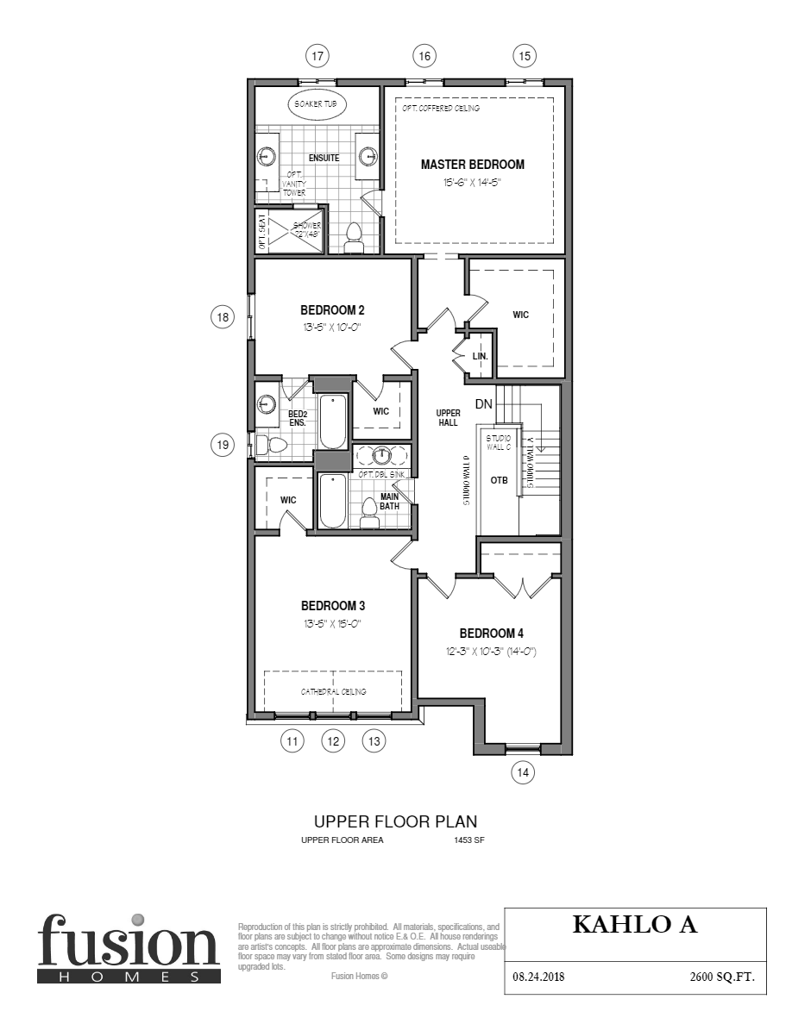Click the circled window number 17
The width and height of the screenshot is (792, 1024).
click(317, 56)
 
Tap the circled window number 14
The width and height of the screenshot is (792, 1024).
click(522, 773)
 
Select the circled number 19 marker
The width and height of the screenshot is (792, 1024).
click(223, 445)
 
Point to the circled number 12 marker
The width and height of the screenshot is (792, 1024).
click(333, 740)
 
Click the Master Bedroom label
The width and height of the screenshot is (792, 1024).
click(472, 165)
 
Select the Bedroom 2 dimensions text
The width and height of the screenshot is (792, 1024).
click(330, 328)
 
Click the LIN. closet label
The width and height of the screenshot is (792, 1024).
click(481, 356)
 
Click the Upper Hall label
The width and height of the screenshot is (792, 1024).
click(448, 418)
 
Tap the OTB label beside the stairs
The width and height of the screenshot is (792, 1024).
click(500, 480)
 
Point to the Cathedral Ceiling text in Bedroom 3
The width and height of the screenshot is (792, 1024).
click(333, 691)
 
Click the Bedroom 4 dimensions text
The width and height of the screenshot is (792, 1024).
click(487, 652)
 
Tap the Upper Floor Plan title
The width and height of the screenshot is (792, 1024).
click(395, 821)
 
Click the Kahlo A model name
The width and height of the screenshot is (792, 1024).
click(634, 925)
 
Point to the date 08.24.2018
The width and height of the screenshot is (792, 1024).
click(539, 977)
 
